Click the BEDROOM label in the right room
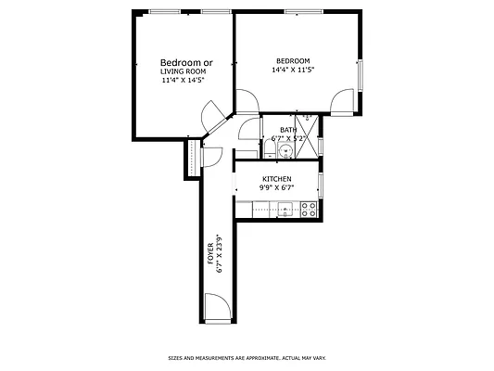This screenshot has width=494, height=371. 292,61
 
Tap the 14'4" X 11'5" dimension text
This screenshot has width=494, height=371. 293,70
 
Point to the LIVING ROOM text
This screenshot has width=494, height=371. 184,71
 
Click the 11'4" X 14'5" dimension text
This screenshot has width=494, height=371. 183,80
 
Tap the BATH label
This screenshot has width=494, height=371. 289,130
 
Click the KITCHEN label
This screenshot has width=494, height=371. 277,179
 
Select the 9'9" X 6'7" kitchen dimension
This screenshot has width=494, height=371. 276,187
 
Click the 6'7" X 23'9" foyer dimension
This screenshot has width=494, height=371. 219,253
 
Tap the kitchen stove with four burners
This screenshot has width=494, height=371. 310,211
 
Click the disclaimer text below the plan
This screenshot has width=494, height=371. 247,357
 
